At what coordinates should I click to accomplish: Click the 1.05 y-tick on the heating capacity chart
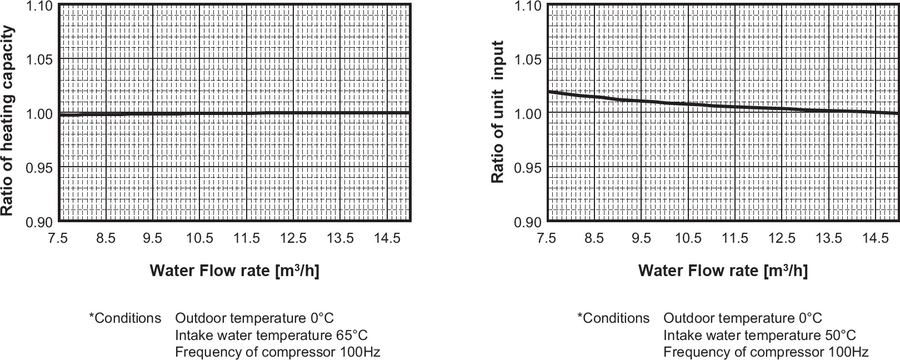[x=39, y=59]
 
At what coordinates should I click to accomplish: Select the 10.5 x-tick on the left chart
[x=199, y=238]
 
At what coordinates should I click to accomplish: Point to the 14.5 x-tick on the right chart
[x=876, y=238]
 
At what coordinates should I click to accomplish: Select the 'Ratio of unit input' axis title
[x=498, y=112]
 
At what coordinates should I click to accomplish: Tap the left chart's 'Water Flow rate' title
[x=234, y=271]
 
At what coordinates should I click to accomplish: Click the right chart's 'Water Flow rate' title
[x=723, y=271]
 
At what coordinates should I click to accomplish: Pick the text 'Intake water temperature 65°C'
[x=271, y=336]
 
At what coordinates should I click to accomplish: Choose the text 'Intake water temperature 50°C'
[x=759, y=336]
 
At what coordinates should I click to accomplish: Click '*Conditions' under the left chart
[x=125, y=318]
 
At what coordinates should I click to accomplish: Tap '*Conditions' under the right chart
[x=613, y=318]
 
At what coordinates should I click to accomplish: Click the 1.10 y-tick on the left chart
[x=39, y=6]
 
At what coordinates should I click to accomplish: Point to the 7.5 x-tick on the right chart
[x=547, y=238]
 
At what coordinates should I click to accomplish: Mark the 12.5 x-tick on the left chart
[x=293, y=238]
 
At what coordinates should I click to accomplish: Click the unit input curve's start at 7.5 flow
[x=549, y=92]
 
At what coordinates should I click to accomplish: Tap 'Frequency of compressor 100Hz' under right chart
[x=766, y=352]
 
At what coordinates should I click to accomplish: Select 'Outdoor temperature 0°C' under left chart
[x=254, y=318]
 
